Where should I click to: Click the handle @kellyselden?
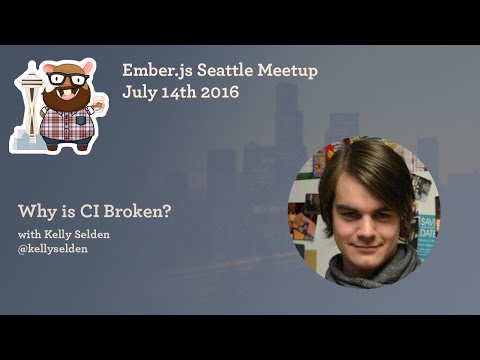coord(53,249)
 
